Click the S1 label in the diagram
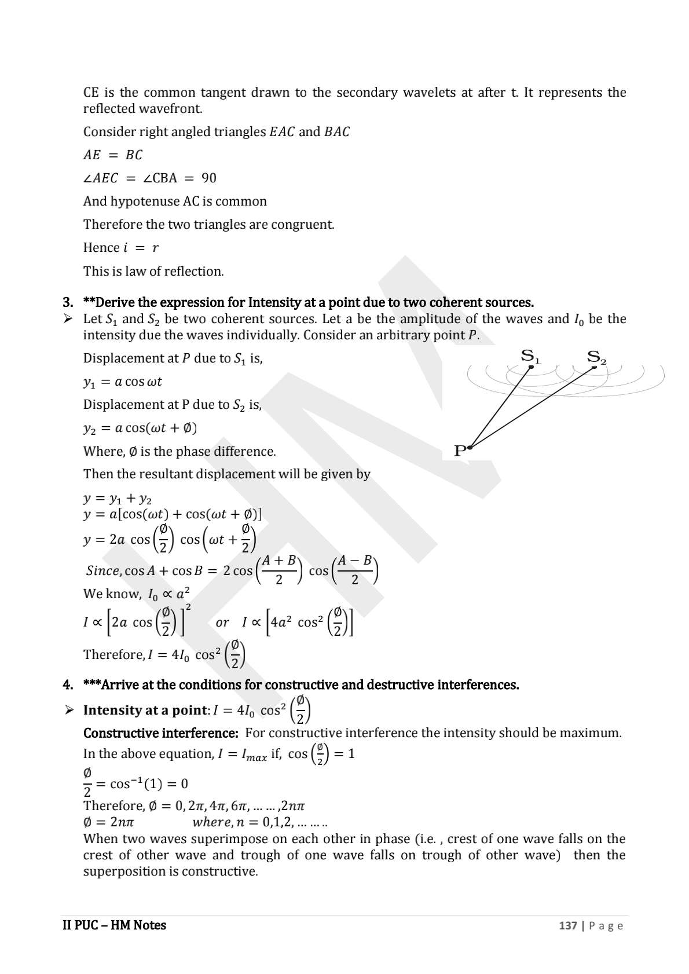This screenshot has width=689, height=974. [x=530, y=356]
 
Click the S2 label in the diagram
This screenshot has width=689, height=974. [x=596, y=357]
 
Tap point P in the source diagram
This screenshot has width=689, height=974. [x=461, y=450]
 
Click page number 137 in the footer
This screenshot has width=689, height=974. [x=567, y=925]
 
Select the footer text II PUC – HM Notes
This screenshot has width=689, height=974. [x=114, y=925]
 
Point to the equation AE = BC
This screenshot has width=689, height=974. [x=113, y=155]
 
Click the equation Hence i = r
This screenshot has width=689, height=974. [x=120, y=248]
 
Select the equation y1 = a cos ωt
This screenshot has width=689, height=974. [x=123, y=382]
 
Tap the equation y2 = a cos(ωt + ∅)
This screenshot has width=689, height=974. [x=140, y=428]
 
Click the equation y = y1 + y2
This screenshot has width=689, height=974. [x=118, y=499]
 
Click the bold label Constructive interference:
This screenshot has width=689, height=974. [x=160, y=733]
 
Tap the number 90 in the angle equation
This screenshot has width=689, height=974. [x=208, y=178]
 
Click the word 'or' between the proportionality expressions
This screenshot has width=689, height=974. [x=222, y=623]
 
